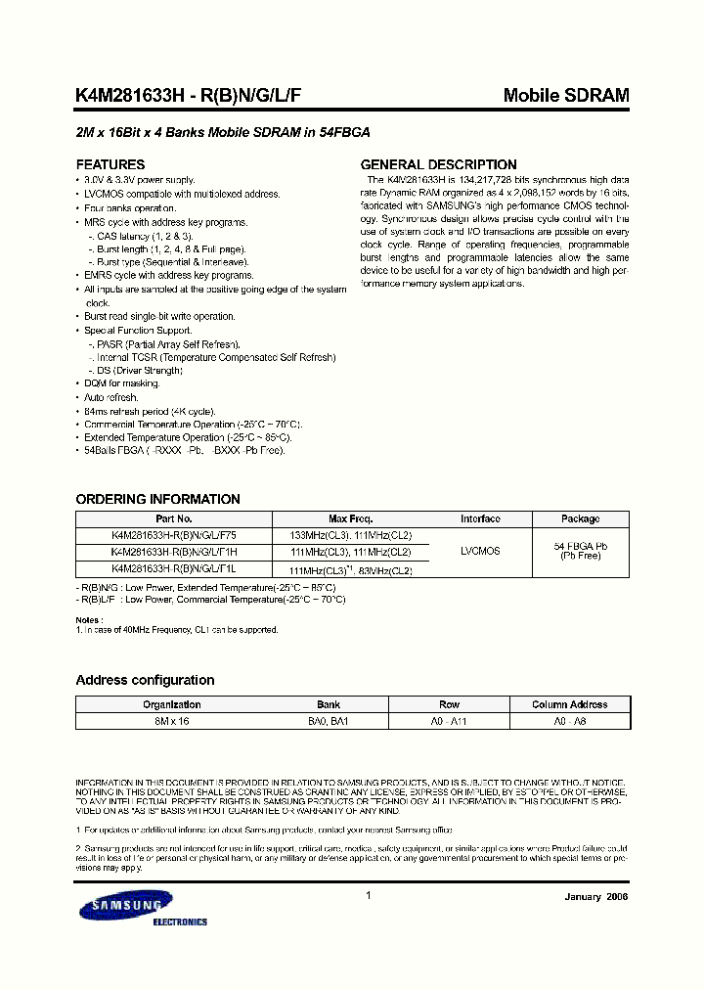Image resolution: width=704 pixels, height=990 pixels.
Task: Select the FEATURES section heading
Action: click(110, 164)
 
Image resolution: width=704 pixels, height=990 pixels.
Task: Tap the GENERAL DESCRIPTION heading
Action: click(439, 164)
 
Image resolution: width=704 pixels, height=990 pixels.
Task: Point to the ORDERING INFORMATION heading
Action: click(157, 499)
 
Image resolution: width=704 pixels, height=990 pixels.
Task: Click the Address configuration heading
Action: click(145, 680)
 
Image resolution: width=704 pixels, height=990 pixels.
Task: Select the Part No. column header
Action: click(174, 518)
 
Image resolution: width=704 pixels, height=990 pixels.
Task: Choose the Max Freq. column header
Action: click(350, 518)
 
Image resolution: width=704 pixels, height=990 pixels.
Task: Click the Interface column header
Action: click(480, 518)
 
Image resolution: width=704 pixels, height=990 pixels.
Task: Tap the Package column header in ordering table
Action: click(580, 518)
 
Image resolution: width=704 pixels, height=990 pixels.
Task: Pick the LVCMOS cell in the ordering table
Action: click(480, 551)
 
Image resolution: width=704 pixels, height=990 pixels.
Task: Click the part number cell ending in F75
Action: click(174, 535)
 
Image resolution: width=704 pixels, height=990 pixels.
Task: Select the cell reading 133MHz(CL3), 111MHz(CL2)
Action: click(350, 535)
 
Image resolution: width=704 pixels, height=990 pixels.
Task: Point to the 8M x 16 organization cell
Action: click(172, 719)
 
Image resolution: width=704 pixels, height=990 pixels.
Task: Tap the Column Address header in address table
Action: click(569, 704)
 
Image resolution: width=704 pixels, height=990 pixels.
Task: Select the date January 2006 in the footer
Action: click(596, 897)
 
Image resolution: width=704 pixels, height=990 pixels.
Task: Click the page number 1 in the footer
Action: click(368, 895)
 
